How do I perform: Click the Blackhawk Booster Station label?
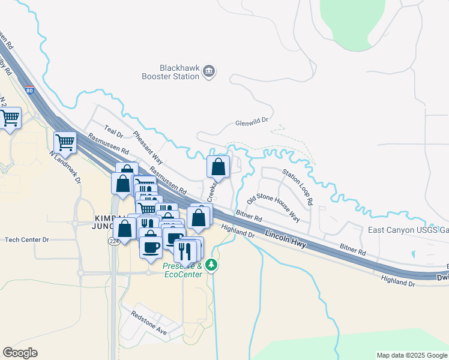coord(170,72)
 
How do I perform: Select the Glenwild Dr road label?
coord(252,121)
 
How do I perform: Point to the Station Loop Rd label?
coord(298,185)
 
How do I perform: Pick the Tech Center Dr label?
coord(26,239)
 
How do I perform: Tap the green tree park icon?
coord(211,265)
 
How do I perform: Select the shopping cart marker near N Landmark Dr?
coord(65,143)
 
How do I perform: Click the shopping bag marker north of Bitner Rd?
coord(218,166)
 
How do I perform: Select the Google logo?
coord(20,353)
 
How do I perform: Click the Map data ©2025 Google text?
coord(411,355)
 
